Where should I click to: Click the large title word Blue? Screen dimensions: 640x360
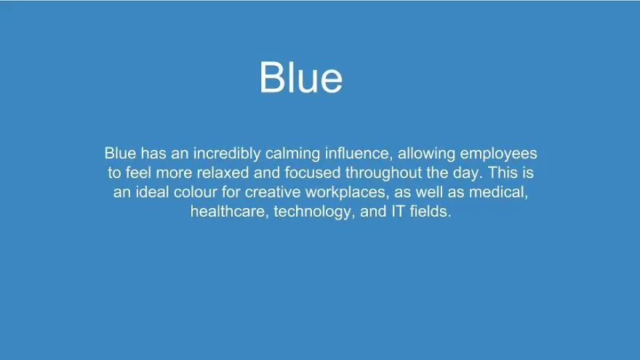[x=301, y=77]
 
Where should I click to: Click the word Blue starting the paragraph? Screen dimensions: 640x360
[x=120, y=153]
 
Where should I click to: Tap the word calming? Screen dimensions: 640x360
[x=292, y=153]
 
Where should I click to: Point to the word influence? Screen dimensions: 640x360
[x=359, y=153]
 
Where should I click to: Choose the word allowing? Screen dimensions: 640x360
[x=426, y=153]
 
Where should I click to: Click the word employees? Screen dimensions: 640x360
[x=498, y=153]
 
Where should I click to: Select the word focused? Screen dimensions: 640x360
[x=312, y=172]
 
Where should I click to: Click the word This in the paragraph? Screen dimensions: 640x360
[x=503, y=172]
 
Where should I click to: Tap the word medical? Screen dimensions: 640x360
[x=498, y=192]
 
